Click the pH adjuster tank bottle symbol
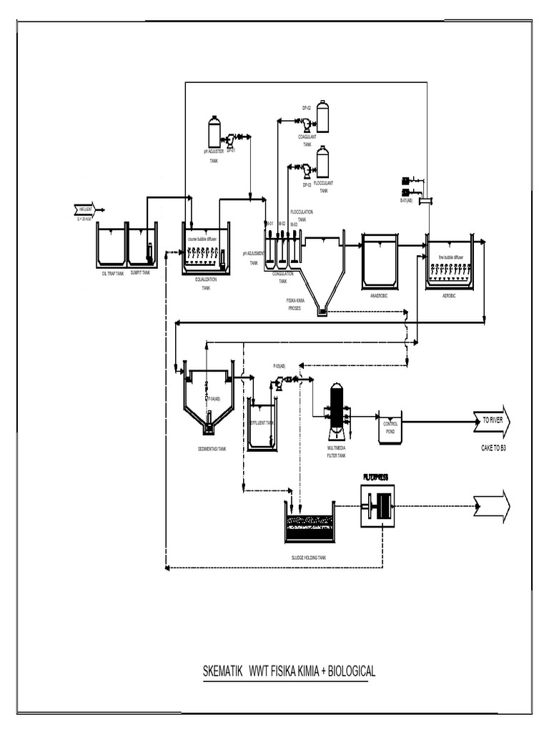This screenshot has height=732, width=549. pos(214,133)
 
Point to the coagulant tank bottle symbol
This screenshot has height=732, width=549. pos(323,116)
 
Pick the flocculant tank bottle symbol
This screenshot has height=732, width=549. pos(323,162)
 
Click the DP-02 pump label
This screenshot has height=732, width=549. pos(306,107)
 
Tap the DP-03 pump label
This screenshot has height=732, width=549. pos(306,184)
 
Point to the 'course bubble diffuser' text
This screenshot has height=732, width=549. pos(207,239)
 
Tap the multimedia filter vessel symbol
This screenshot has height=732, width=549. pos(335,411)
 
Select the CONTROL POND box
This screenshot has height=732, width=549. pos(390,427)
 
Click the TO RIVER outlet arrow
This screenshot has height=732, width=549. pos(490,421)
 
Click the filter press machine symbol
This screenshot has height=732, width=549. pos(379,505)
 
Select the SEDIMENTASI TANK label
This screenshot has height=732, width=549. pos(212,449)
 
